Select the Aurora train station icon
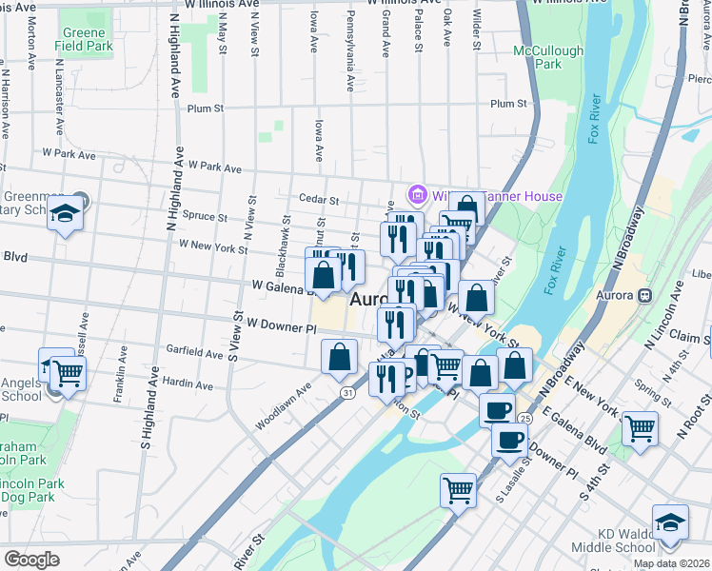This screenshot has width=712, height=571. click(645, 294)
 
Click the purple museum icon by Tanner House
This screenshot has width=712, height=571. click(415, 195)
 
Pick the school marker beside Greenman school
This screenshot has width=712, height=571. click(66, 214)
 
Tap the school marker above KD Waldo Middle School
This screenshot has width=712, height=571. click(670, 523)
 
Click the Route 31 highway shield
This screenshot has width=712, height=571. click(348, 391)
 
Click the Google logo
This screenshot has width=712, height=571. click(31, 560)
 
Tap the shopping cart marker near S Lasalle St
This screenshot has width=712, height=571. click(458, 490)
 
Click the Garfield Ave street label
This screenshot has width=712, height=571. click(194, 352)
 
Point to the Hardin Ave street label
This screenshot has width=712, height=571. click(188, 384)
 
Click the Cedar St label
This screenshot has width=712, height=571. click(320, 200)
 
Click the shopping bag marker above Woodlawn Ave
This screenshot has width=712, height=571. click(339, 358)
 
